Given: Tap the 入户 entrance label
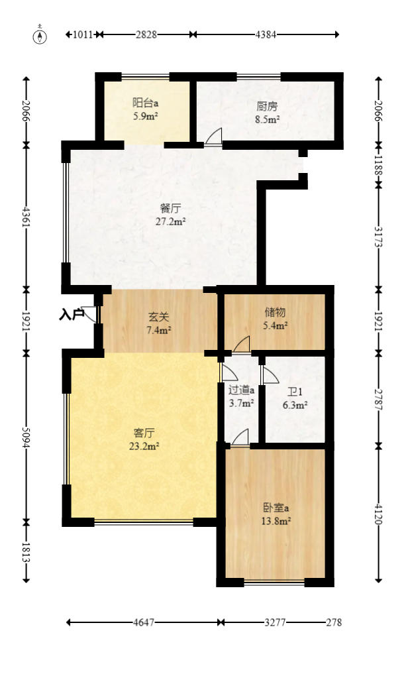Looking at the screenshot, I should [71, 314].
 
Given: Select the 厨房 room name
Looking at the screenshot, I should [267, 105].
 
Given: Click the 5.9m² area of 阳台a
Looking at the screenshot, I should [145, 117].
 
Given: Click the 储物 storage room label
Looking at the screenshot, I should [275, 312].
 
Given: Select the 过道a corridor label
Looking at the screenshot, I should [242, 390].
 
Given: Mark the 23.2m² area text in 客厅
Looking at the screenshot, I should [144, 446].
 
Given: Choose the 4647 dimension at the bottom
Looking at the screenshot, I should [144, 623].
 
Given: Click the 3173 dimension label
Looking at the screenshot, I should [379, 237].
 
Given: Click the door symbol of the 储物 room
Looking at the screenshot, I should [242, 344].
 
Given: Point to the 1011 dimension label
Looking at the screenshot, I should [83, 34].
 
